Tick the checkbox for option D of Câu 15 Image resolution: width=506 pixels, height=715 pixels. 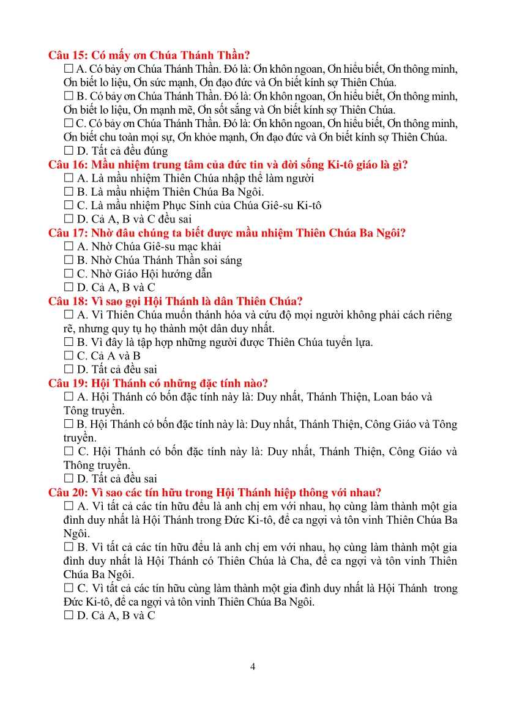coord(68,150)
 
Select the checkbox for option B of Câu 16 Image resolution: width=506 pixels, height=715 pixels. coord(68,192)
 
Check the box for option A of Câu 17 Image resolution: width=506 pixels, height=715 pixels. coord(68,246)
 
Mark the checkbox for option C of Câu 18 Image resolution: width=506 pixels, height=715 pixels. coord(68,356)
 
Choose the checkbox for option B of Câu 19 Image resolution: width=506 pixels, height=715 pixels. coord(68,424)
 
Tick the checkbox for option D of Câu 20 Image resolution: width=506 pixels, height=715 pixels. coord(68,616)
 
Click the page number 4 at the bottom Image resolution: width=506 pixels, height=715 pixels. coord(253,666)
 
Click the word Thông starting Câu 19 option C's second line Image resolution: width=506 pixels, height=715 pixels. coord(78,465)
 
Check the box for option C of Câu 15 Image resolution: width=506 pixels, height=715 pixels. coord(68,123)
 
